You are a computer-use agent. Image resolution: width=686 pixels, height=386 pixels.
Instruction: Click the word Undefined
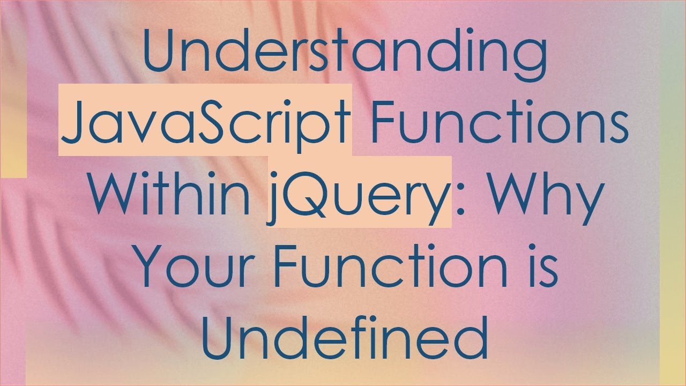[x=344, y=336]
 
